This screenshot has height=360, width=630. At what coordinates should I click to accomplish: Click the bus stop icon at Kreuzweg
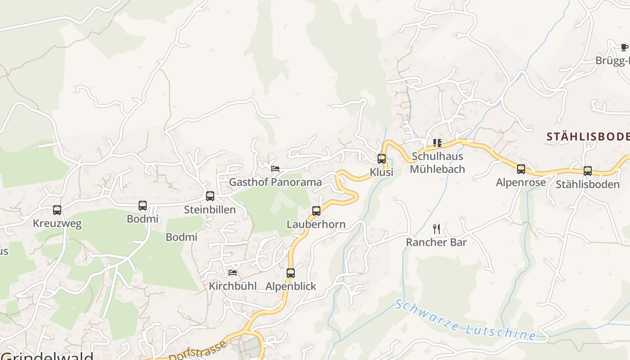click(57, 210)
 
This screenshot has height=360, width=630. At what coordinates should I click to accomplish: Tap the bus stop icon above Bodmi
click(143, 206)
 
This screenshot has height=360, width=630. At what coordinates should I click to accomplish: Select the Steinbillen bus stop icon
click(210, 196)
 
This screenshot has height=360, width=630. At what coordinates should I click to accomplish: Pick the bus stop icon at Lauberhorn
click(316, 211)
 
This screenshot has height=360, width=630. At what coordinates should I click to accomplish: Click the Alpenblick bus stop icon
click(291, 273)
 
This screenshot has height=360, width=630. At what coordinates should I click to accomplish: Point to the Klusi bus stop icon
click(382, 158)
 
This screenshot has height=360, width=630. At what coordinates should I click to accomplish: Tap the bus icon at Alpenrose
click(521, 169)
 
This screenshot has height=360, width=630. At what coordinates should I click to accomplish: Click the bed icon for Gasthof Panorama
click(275, 169)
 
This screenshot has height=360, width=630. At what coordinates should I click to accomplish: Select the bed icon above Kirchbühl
click(233, 273)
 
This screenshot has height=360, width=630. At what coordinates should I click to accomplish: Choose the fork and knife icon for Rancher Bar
click(436, 229)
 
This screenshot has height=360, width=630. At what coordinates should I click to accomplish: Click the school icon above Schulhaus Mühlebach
click(437, 143)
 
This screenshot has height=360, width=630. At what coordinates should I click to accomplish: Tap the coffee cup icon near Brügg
click(624, 47)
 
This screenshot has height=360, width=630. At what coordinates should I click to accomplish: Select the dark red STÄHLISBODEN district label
click(588, 137)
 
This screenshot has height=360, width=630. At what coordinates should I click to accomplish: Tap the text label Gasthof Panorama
click(275, 182)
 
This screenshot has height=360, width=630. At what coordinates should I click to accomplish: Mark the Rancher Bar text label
click(436, 242)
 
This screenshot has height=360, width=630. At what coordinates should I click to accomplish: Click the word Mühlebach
click(437, 169)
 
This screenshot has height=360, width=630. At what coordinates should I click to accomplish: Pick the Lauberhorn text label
click(316, 224)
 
